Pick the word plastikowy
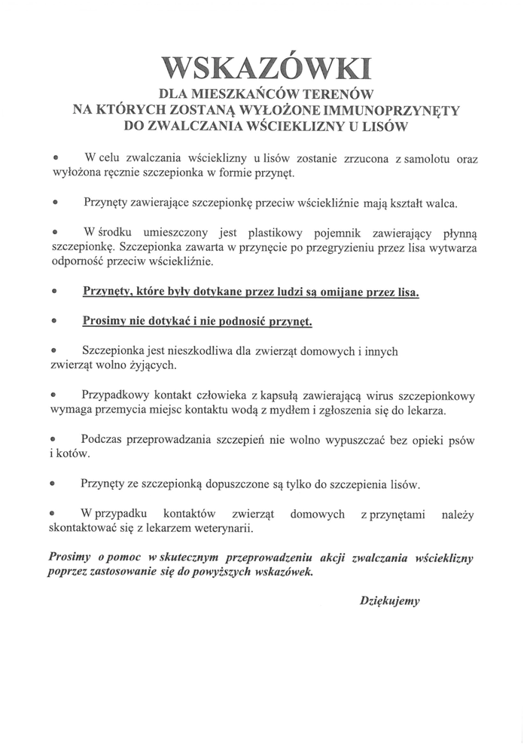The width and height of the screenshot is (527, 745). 273,233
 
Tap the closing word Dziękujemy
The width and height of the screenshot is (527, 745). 389,601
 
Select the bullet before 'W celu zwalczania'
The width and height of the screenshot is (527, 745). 54,159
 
